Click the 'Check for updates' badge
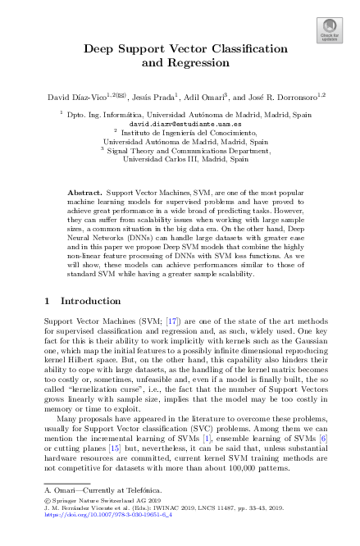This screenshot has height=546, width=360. tap(330, 31)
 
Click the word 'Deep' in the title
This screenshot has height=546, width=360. tap(103, 48)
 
